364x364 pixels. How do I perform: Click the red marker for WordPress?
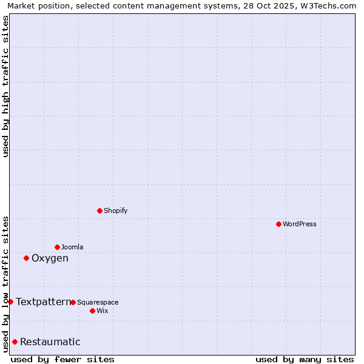pos(278,224)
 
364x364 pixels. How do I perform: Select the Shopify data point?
pos(99,211)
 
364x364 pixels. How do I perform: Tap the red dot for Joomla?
pos(57,247)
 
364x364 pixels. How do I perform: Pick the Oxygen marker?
pos(26,258)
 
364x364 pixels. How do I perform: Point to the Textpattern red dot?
pos(10,302)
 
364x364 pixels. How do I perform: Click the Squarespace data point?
pos(73,302)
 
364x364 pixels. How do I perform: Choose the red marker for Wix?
pos(92,311)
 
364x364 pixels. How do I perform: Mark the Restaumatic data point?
pos(15,342)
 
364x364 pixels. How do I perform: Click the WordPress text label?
pos(300,224)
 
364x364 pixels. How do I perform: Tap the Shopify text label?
pos(116,211)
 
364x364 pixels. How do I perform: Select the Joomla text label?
pos(72,247)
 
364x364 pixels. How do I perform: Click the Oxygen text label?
pos(50,258)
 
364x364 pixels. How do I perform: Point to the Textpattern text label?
pos(43,302)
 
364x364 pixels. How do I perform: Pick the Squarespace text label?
pos(98,302)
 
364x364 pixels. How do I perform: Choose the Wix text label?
pos(102,311)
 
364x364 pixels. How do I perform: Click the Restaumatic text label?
pos(50,342)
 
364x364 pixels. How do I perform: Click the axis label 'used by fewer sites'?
pos(62,359)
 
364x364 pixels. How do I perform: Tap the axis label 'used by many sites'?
pos(305,359)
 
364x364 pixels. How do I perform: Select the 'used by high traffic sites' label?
pos(5,86)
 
